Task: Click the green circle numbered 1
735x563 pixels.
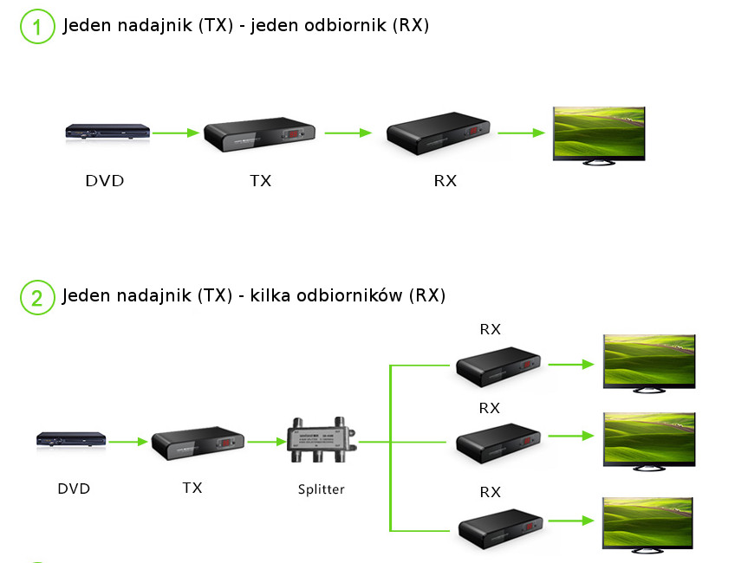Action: click(36, 27)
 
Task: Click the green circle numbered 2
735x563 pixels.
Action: click(36, 297)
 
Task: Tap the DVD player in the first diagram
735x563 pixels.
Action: click(107, 133)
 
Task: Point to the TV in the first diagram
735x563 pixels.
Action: click(599, 134)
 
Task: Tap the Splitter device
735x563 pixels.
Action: click(322, 441)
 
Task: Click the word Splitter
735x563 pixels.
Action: click(321, 489)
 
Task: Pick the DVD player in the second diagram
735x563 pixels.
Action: click(71, 440)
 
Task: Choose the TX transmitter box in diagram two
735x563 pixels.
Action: click(198, 443)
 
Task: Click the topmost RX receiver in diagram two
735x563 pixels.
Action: click(498, 366)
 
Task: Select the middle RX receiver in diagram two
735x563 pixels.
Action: click(498, 443)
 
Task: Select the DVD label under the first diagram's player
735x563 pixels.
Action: click(104, 181)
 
